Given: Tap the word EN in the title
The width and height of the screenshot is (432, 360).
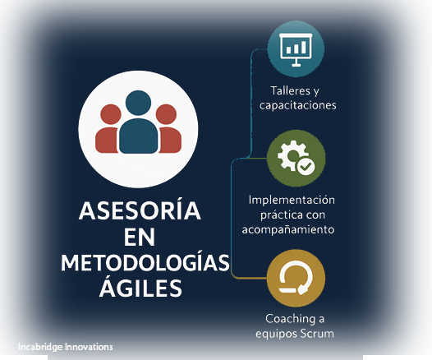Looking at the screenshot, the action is (140, 237).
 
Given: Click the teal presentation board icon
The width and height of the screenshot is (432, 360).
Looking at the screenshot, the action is (296, 49).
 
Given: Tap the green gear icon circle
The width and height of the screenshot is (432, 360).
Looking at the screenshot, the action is (296, 159).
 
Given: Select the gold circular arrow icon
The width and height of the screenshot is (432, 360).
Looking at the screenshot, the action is (296, 279).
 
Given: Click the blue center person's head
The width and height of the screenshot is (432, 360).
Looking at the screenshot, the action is (138, 103).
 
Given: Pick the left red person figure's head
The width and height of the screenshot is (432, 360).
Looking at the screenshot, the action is (111, 114).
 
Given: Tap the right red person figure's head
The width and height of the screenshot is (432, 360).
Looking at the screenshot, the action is (166, 114).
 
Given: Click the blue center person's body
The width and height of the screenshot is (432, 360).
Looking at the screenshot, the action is (139, 136).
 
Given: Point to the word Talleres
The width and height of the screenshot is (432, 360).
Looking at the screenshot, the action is (291, 90).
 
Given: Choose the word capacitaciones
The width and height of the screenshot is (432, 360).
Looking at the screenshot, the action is (298, 105).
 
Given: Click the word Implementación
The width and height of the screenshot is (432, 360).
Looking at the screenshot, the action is (292, 200).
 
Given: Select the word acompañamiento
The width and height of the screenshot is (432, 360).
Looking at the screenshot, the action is (288, 229).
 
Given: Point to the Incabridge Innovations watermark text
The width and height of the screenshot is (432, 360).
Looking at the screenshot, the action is (66, 347).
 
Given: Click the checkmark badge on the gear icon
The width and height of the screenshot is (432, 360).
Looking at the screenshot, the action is (306, 167).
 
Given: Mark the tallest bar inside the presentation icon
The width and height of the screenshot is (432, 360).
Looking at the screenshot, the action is (304, 47).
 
